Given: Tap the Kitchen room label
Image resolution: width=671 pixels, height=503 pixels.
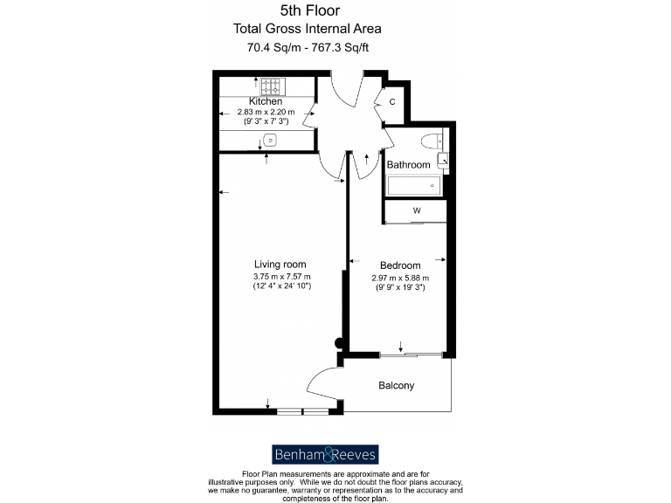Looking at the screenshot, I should click(266, 101).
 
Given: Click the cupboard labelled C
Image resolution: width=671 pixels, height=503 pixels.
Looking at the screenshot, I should click(392, 102).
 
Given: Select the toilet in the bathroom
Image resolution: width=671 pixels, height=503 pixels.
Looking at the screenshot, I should click(432, 141).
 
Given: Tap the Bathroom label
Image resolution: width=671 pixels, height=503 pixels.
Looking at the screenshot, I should click(409, 164).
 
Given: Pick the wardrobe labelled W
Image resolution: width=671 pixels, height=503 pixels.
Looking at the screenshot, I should click(417, 210).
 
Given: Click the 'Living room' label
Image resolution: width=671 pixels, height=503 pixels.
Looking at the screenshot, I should click(280, 264).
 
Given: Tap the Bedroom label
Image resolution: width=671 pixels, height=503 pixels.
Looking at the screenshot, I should click(400, 265).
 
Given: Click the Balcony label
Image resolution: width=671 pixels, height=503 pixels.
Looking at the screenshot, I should click(396, 385).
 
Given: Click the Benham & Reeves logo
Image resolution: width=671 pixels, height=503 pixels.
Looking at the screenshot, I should click(324, 454).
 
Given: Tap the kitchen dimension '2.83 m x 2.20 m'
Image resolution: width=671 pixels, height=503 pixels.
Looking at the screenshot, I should click(266, 112).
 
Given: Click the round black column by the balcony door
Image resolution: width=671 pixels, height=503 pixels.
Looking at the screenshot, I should click(338, 344).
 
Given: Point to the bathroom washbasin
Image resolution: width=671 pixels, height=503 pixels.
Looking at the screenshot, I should click(443, 160).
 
